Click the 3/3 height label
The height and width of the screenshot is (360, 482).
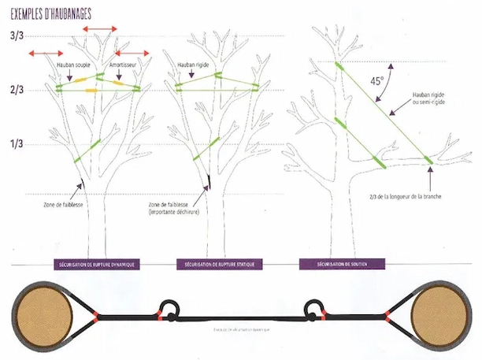click(x=17, y=36)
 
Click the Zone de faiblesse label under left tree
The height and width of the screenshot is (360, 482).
click(x=60, y=205)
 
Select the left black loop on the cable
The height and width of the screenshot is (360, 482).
click(x=169, y=308)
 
